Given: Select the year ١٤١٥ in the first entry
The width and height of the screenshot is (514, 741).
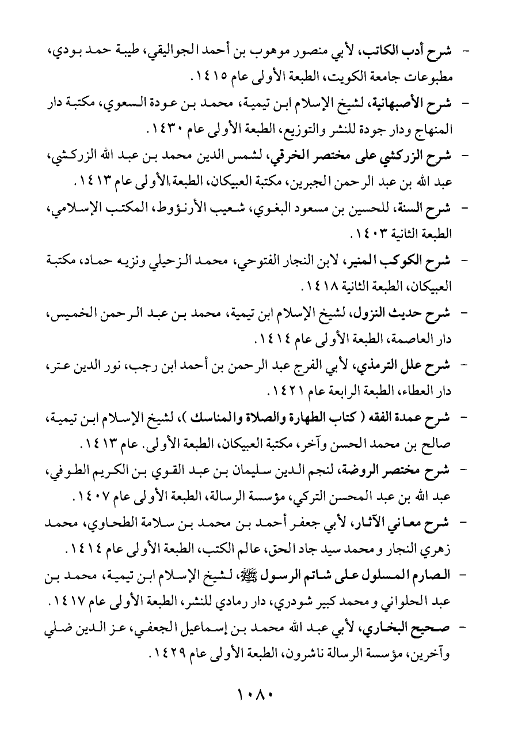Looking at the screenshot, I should point(210,75).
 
